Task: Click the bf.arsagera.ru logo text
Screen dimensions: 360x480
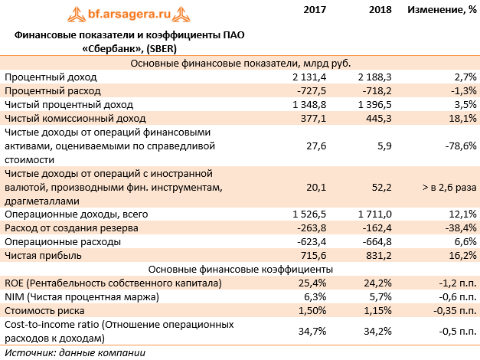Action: (x=135, y=13)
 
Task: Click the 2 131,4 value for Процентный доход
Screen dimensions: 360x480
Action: (x=310, y=77)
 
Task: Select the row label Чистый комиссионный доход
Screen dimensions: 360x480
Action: (x=75, y=118)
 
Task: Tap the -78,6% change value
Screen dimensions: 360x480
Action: (x=459, y=146)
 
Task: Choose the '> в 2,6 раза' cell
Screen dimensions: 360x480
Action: (x=449, y=187)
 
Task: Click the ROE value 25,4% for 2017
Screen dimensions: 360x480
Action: (x=315, y=283)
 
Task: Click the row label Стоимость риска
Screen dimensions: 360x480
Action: (x=47, y=310)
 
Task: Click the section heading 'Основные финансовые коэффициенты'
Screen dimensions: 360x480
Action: (x=240, y=269)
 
